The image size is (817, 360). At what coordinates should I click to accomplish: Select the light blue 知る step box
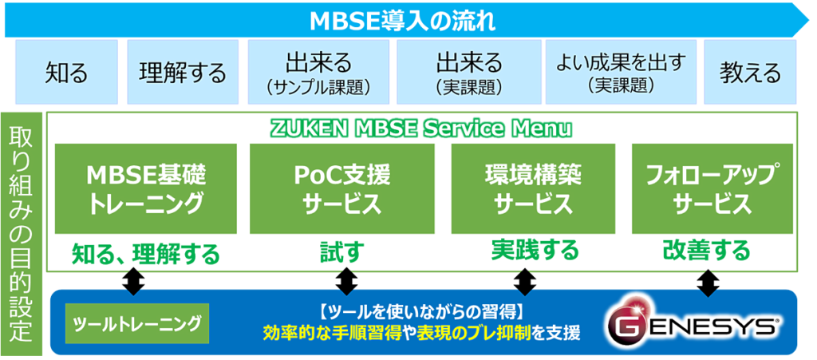pyautogui.click(x=67, y=73)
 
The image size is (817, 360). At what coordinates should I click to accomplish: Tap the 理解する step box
pyautogui.click(x=183, y=73)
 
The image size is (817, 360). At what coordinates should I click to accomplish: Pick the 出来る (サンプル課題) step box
pyautogui.click(x=318, y=73)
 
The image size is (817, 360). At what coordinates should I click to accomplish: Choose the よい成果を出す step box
pyautogui.click(x=620, y=73)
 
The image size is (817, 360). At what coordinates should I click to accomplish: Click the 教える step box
pyautogui.click(x=750, y=73)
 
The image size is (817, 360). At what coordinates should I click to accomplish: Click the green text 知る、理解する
pyautogui.click(x=145, y=254)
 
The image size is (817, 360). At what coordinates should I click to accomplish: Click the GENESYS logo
pyautogui.click(x=691, y=323)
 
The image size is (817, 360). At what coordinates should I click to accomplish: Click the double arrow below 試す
pyautogui.click(x=346, y=281)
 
